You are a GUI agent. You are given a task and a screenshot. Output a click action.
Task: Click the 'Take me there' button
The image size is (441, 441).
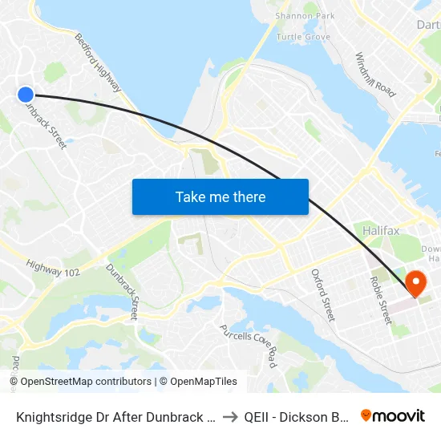click(220, 196)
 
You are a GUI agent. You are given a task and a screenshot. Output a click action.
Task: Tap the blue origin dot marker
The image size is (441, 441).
click(26, 95)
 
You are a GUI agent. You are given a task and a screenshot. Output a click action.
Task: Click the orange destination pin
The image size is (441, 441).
click(416, 283)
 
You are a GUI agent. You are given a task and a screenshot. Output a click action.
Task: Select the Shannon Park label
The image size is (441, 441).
click(304, 16)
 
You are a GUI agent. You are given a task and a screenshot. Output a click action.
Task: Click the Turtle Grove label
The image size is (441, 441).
click(303, 37)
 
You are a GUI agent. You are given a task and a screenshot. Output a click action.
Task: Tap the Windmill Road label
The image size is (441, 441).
click(375, 75)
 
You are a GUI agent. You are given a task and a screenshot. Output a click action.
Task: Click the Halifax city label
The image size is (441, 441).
click(380, 231)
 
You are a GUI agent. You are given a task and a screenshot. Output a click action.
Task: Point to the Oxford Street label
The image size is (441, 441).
click(322, 294)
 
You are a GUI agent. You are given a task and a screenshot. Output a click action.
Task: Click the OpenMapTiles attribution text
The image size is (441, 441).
click(201, 382)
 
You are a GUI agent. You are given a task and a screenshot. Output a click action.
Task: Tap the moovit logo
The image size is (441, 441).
click(392, 416)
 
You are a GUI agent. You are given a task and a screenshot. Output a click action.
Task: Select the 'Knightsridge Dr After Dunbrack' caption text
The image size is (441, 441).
click(112, 417)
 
